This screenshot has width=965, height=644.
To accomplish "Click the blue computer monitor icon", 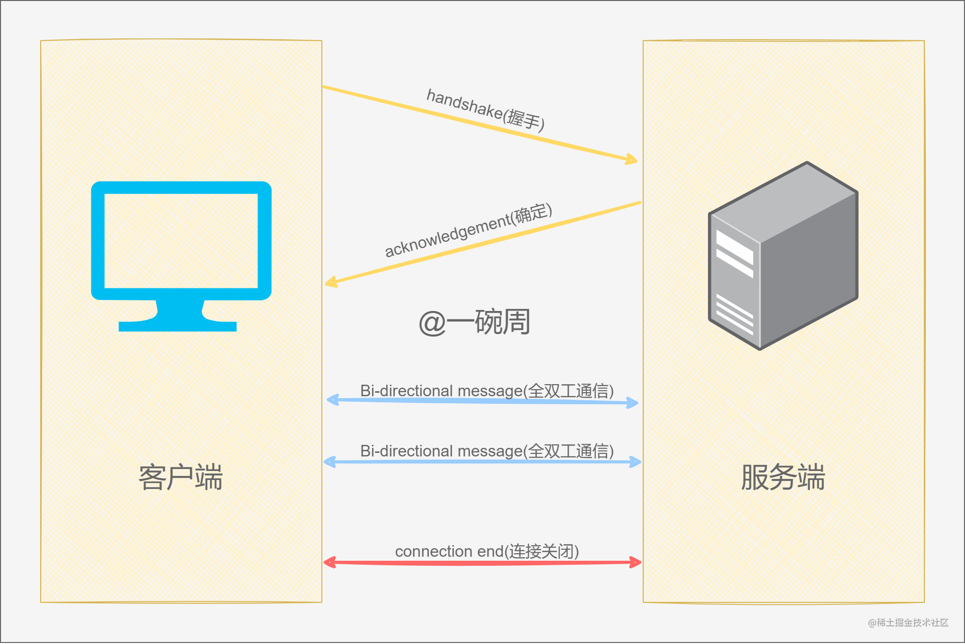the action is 181,256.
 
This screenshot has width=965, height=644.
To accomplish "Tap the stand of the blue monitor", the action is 178,316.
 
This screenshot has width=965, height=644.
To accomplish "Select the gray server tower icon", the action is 783,256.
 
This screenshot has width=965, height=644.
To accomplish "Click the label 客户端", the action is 181,476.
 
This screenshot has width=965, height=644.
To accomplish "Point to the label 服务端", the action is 783,476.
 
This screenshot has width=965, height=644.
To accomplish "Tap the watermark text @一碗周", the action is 474,321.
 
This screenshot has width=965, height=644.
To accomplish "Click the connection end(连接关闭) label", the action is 487,551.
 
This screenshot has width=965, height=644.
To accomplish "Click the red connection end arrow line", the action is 482,563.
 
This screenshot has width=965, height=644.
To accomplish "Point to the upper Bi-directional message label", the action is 487,391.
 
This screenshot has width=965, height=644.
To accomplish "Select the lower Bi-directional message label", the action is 487,451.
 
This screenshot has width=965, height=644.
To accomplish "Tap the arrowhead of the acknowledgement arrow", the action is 331,282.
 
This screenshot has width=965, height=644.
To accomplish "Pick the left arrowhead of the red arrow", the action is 330,562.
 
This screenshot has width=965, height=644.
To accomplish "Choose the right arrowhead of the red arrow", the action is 636,562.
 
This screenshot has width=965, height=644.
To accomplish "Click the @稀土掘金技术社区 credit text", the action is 908,622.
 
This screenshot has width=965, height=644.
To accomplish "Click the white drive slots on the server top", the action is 735,253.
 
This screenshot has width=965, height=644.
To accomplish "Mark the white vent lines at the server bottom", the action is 735,314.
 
